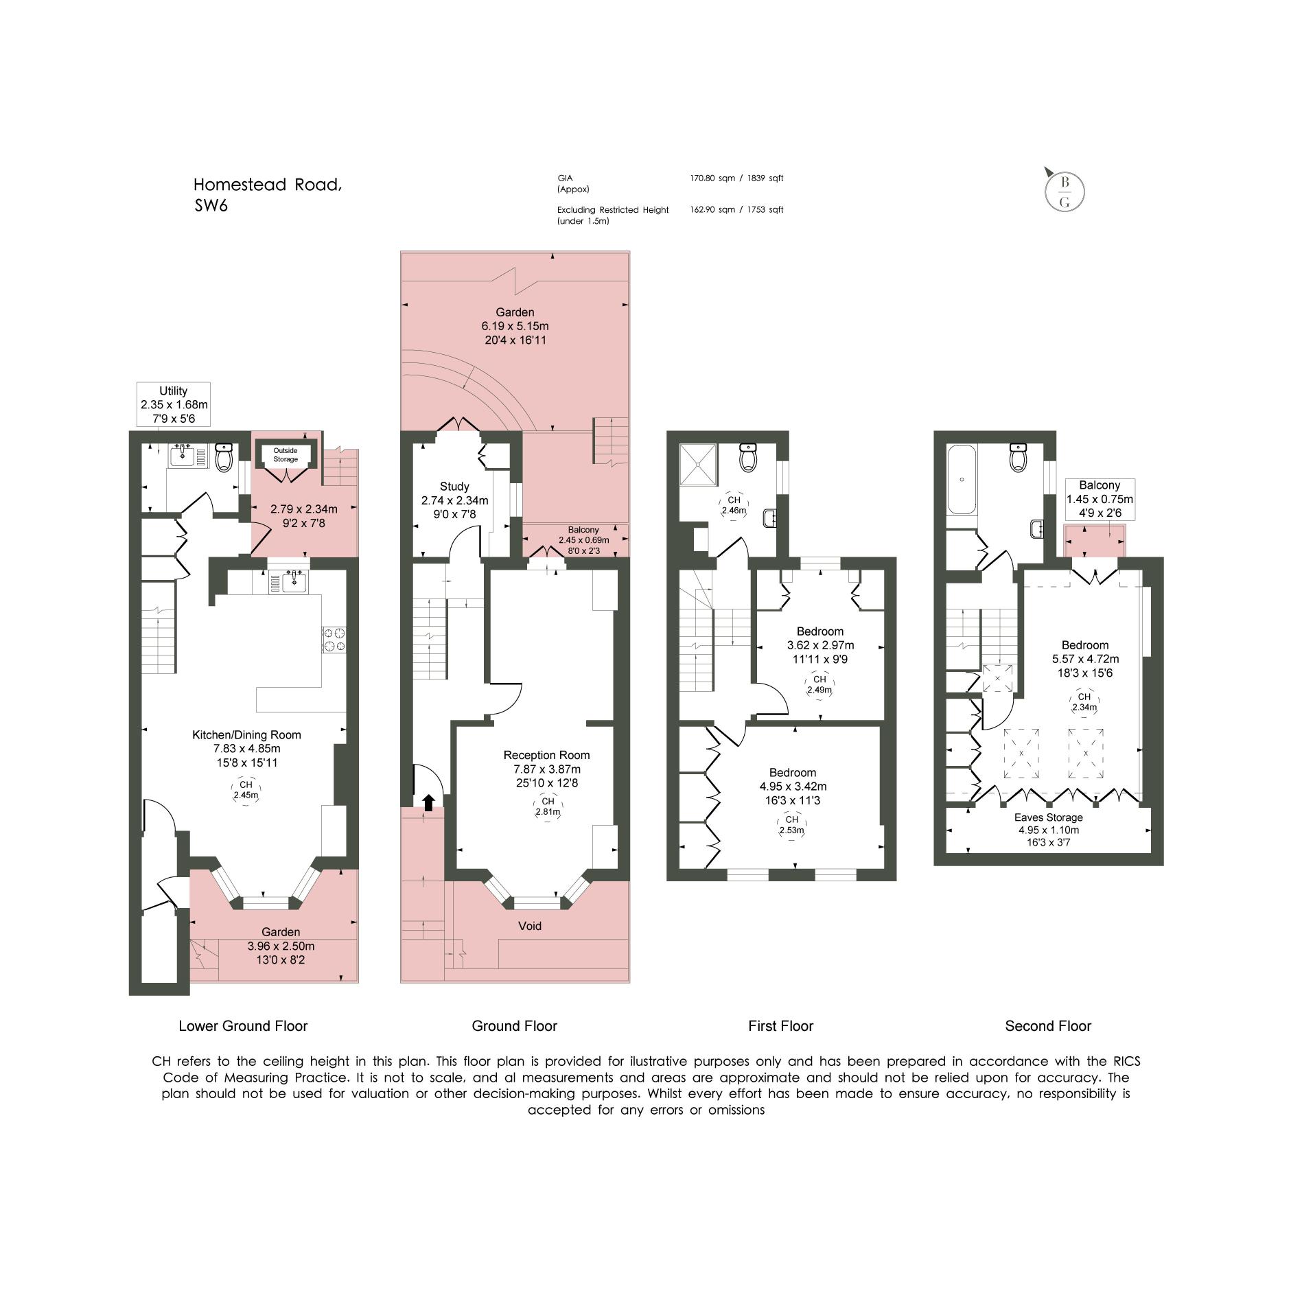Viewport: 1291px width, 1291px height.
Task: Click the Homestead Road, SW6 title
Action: point(267,195)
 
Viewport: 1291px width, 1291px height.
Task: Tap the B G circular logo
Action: point(1065,191)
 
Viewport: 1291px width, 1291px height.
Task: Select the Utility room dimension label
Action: point(174,405)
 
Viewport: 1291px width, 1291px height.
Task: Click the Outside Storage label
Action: point(286,454)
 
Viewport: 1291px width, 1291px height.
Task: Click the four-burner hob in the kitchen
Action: point(334,640)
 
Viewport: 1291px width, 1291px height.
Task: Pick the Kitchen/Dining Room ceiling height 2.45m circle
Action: point(246,790)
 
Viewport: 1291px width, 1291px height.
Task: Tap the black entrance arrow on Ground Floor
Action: point(428,802)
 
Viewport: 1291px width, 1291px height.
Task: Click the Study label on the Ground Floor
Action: point(454,487)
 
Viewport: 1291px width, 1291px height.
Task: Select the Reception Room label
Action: point(546,755)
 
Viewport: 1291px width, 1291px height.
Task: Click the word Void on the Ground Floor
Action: point(530,926)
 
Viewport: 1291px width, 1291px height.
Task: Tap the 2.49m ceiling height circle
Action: point(819,685)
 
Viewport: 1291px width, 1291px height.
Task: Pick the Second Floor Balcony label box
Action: point(1100,500)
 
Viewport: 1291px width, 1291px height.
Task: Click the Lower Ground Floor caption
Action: point(243,1026)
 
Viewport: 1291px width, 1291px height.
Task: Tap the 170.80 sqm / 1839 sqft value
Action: point(736,178)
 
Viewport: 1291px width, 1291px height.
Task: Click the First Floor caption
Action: point(780,1026)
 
